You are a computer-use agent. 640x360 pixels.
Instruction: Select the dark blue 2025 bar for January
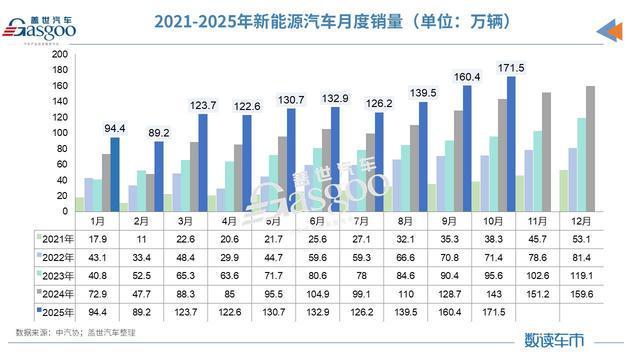tap(114, 174)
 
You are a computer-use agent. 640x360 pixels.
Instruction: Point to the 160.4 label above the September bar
tap(469, 76)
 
